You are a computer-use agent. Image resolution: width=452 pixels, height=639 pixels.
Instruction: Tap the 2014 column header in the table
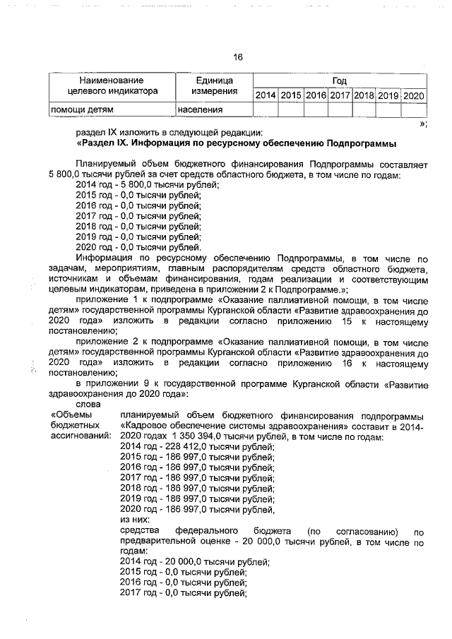266,95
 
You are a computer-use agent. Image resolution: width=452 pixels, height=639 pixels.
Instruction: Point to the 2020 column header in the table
413,95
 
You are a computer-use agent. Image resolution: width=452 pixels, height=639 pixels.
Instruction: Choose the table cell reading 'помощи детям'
82,110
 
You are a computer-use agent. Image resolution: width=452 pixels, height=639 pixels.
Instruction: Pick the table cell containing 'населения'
201,110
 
